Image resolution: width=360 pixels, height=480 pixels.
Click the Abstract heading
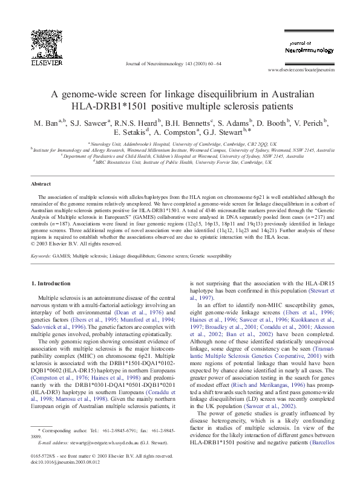41,183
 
